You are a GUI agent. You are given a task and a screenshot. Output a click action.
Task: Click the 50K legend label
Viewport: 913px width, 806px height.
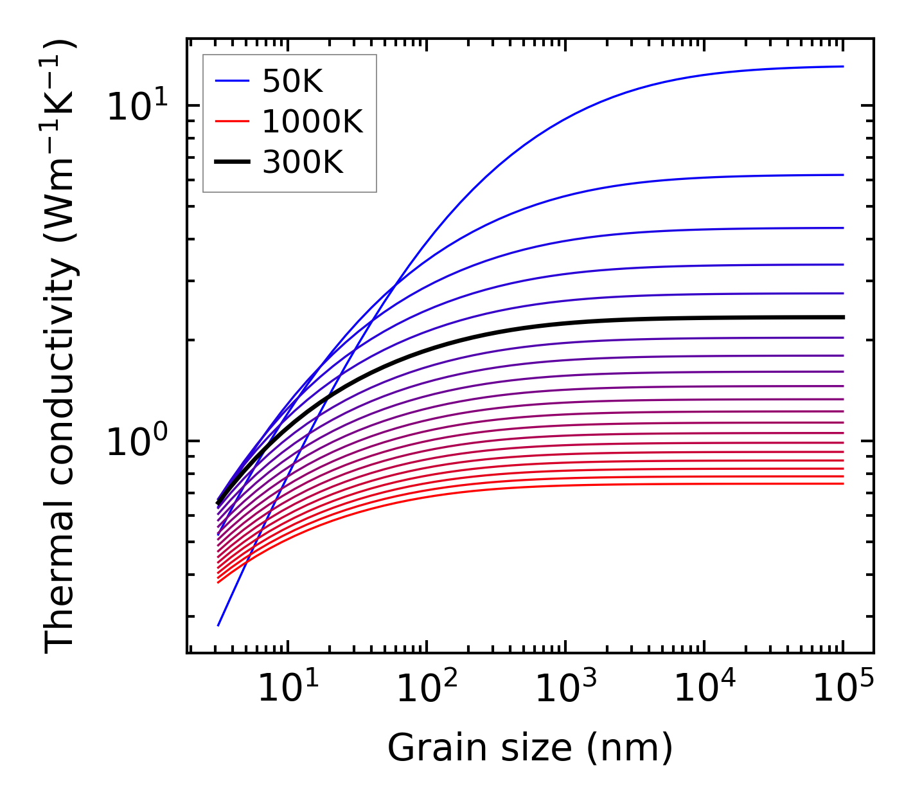[292, 81]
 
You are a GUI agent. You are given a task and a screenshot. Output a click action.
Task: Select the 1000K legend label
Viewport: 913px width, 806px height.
[312, 121]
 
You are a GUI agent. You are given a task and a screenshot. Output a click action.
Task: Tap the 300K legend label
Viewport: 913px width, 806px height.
[303, 163]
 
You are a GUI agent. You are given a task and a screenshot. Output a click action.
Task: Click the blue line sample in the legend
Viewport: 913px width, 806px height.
[231, 81]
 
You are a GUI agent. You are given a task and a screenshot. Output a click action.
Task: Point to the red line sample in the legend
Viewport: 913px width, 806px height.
[231, 121]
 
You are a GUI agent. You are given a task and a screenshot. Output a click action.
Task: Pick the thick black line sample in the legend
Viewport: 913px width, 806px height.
[231, 163]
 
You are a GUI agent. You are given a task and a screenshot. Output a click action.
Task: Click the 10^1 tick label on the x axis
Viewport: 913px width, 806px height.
[287, 689]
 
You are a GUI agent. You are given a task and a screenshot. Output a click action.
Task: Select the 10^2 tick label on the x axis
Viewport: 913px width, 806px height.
[426, 689]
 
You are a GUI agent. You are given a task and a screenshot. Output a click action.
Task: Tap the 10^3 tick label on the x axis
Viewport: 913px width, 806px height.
[565, 689]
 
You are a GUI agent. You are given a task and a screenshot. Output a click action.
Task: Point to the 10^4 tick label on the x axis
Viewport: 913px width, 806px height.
[704, 689]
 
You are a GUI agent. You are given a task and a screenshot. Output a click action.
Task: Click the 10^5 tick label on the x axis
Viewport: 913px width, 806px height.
[842, 689]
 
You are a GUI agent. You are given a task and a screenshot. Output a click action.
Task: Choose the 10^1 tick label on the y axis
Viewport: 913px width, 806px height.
[136, 106]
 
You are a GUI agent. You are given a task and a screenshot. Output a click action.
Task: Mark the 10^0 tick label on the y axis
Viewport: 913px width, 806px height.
[136, 442]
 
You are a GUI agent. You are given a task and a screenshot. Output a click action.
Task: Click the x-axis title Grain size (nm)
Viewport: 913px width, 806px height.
[530, 748]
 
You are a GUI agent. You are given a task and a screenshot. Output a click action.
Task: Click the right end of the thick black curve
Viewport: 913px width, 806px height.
[842, 317]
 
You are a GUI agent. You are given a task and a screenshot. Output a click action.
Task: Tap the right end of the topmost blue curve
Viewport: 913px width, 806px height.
[842, 66]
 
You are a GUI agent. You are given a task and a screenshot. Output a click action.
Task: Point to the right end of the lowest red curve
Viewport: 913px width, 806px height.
[842, 483]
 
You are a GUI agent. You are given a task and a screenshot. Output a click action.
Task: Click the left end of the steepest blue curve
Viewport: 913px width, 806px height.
[218, 625]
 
